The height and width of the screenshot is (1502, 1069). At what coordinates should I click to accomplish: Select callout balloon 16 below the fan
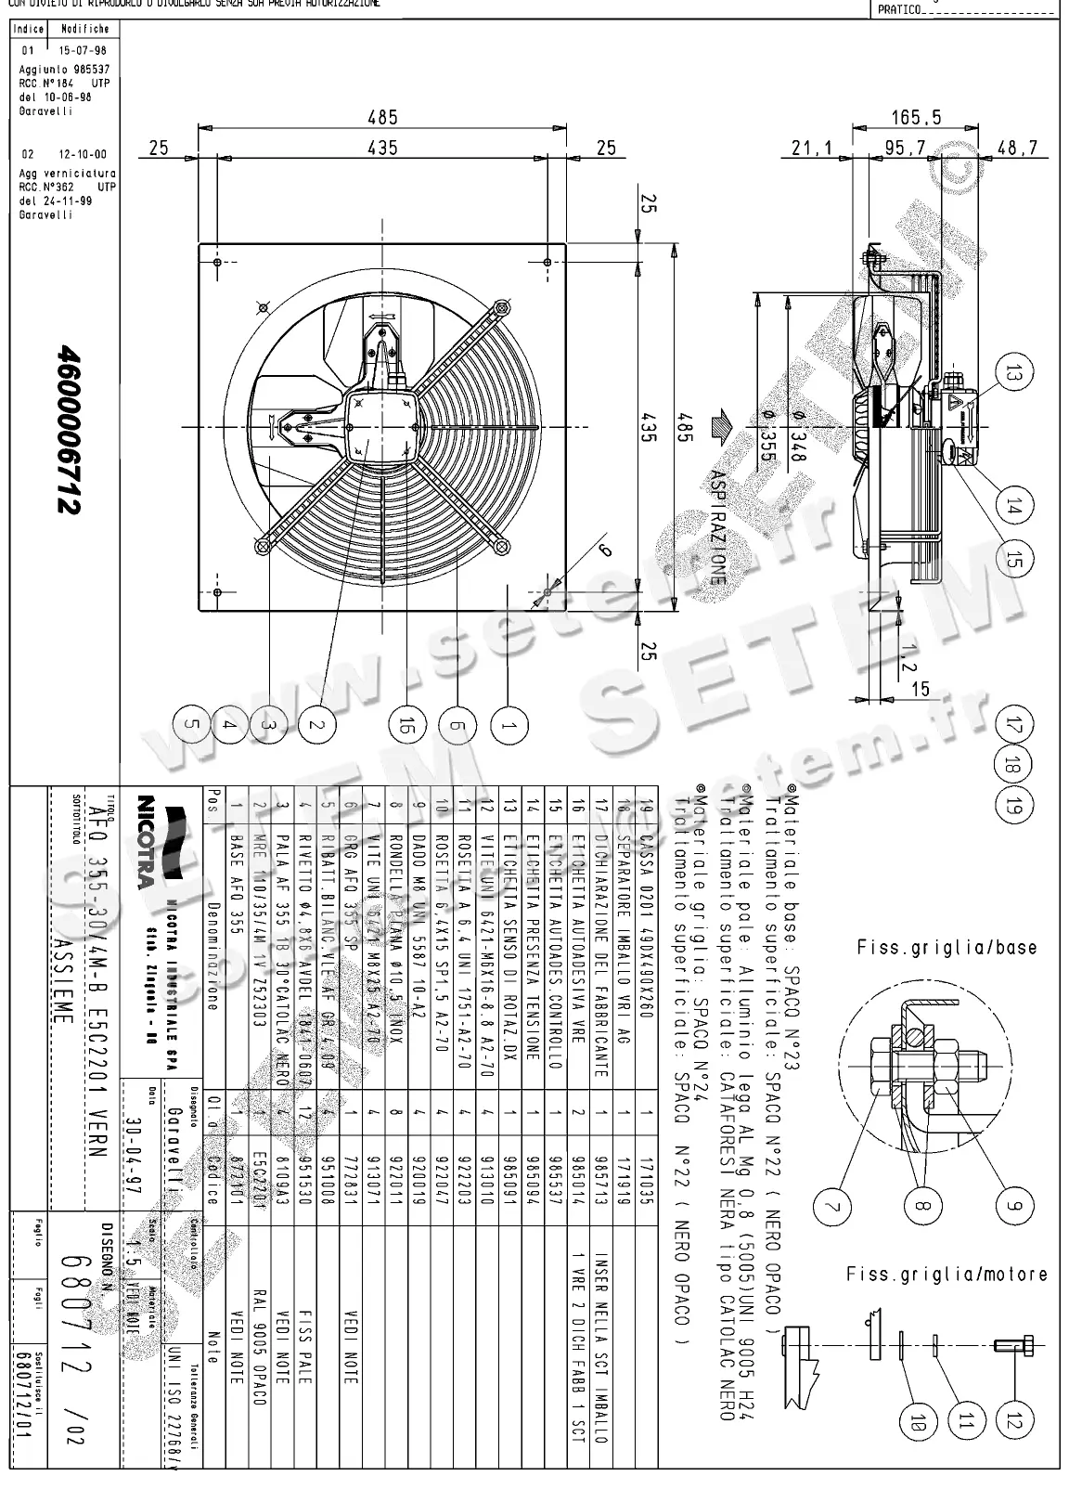pos(405,726)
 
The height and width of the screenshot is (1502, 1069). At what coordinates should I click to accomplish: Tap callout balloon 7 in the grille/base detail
pos(832,1206)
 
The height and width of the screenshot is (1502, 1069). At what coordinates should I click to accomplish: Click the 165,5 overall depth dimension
pos(916,117)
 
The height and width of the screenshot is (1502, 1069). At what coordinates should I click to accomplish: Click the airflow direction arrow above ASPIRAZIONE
pos(719,430)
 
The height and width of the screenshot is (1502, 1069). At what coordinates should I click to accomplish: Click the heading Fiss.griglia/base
pos(946,948)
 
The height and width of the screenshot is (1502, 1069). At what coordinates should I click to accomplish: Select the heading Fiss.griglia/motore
pos(946,1275)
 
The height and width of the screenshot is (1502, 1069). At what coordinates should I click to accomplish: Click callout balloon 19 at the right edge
pos(1013,805)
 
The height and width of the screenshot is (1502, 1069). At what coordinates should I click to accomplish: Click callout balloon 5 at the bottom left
pos(190,726)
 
